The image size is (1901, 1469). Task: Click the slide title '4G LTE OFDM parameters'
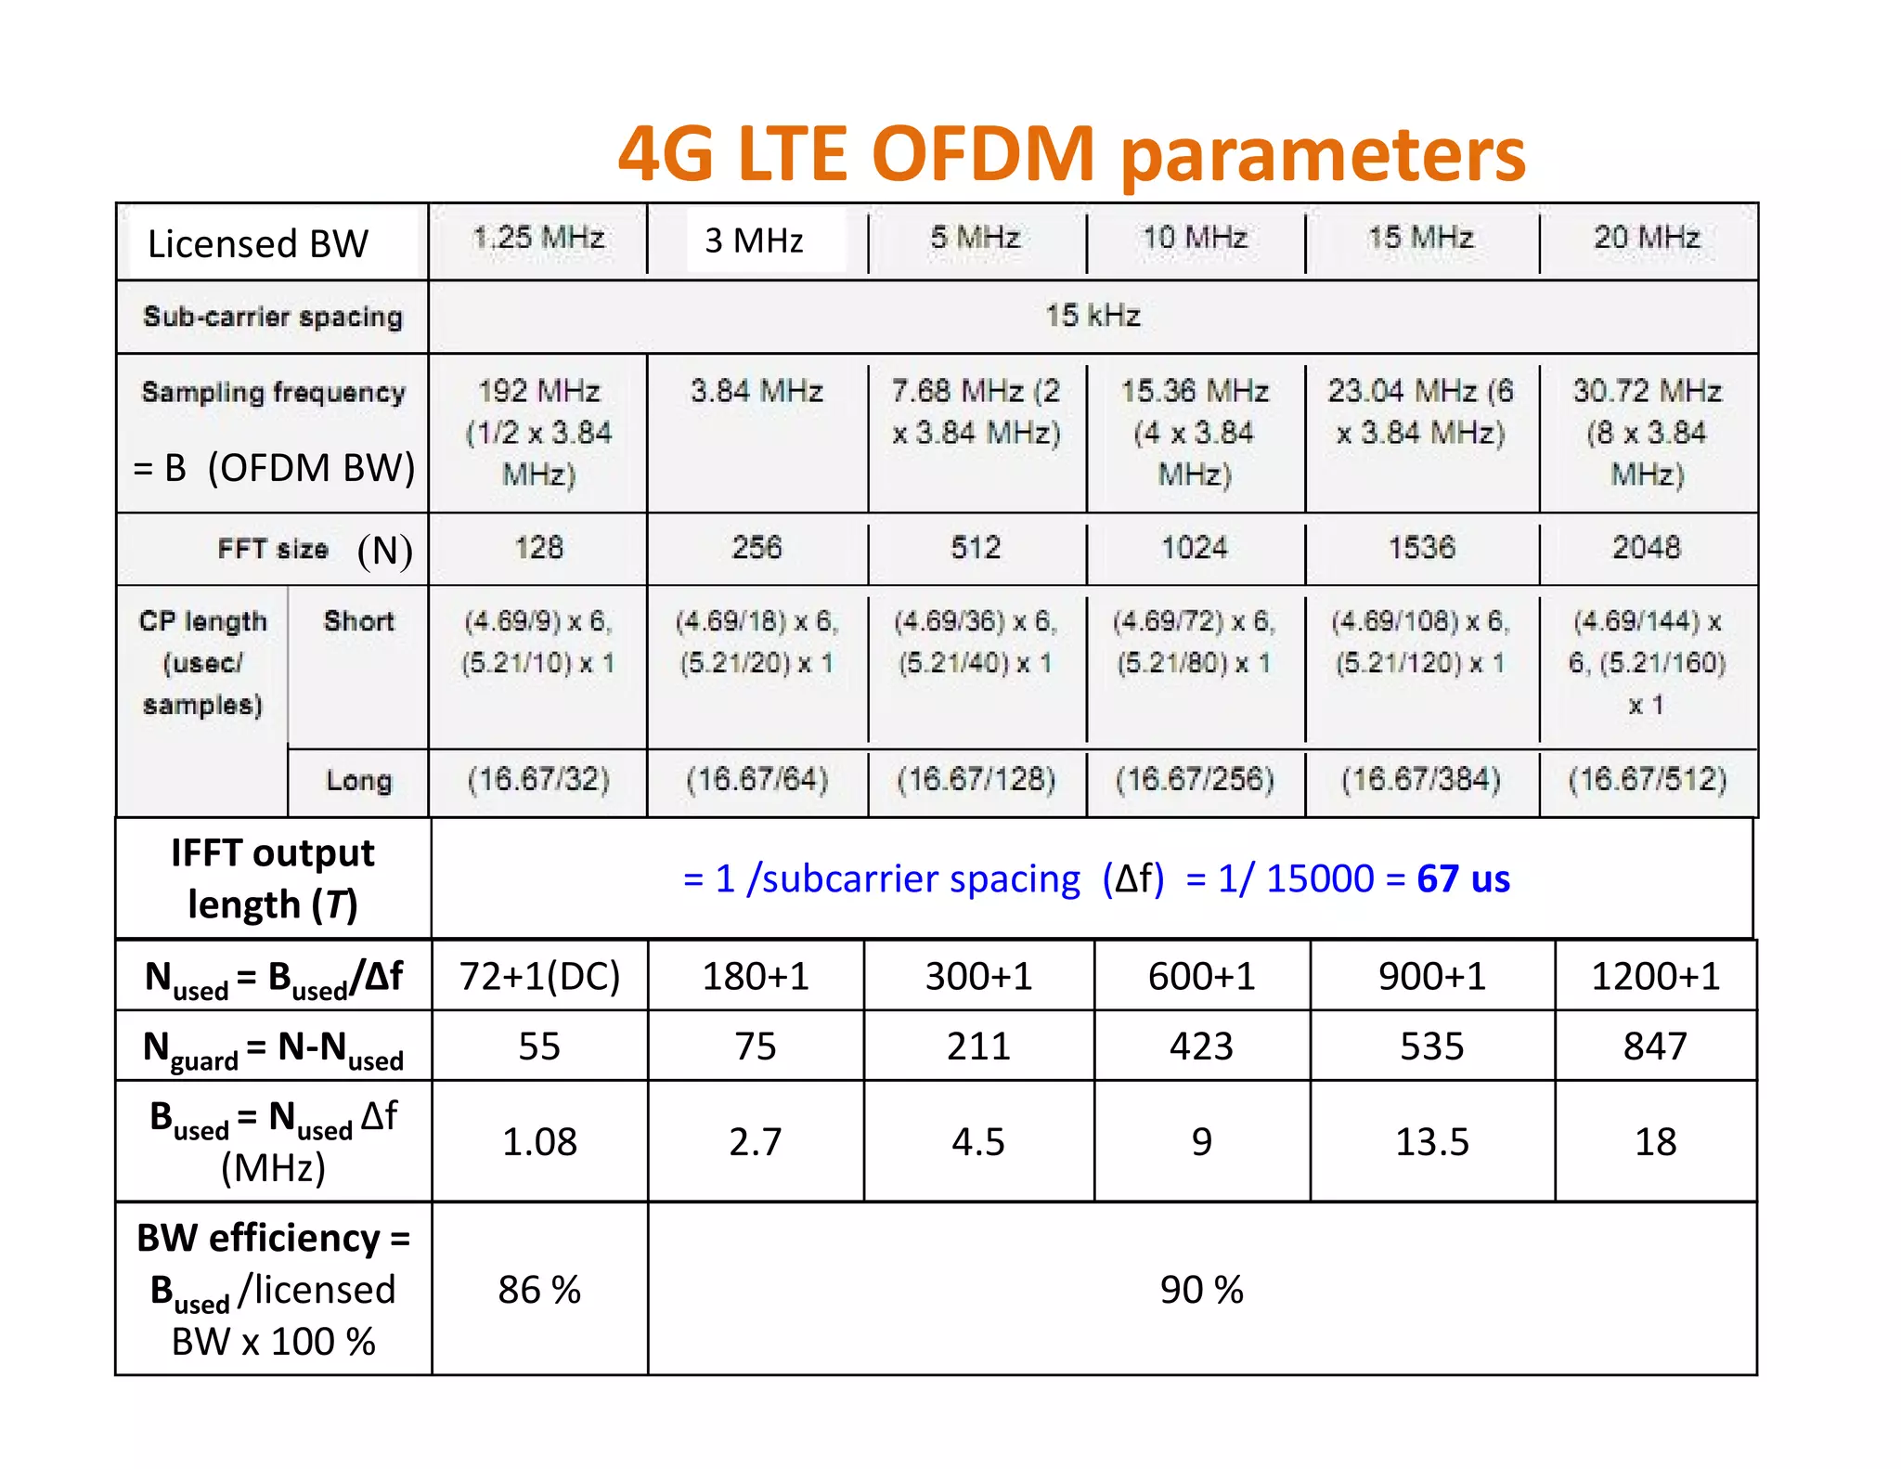click(x=1071, y=153)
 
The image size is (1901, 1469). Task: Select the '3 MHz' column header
click(x=754, y=240)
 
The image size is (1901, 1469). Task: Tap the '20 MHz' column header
click(x=1647, y=238)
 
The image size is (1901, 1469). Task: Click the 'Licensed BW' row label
click(x=258, y=243)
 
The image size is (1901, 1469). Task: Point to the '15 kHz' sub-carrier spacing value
click(x=1093, y=316)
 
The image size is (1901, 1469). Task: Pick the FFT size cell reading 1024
click(x=1195, y=547)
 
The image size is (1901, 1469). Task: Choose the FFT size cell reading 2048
click(x=1646, y=547)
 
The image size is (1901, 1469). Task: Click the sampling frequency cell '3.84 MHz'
click(x=757, y=391)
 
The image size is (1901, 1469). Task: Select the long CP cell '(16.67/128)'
click(x=976, y=779)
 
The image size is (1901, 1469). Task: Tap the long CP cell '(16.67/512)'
click(x=1647, y=779)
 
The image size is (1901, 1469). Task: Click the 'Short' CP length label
click(x=358, y=621)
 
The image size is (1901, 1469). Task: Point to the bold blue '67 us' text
click(x=1463, y=878)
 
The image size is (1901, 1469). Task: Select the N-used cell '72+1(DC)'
click(x=539, y=976)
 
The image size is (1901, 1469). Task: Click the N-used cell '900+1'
click(x=1431, y=976)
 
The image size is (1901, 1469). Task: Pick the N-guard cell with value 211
click(x=978, y=1046)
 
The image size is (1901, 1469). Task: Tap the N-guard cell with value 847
click(x=1655, y=1046)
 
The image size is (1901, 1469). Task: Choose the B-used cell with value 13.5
click(x=1431, y=1141)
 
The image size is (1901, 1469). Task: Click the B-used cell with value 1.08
click(x=539, y=1141)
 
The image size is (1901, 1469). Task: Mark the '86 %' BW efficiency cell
click(x=539, y=1290)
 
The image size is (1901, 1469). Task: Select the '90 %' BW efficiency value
click(x=1201, y=1290)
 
